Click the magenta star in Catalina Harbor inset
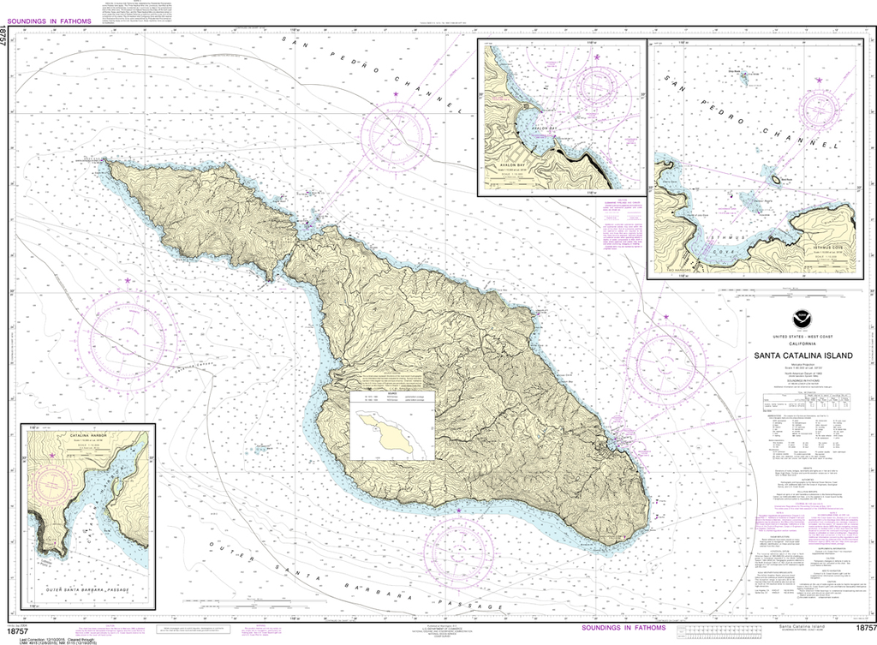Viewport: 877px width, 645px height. [51, 455]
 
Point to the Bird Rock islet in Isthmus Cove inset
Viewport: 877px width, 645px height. [779, 179]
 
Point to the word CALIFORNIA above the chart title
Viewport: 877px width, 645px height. [802, 343]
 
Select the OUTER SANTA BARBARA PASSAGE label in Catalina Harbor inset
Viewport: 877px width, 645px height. [86, 590]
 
